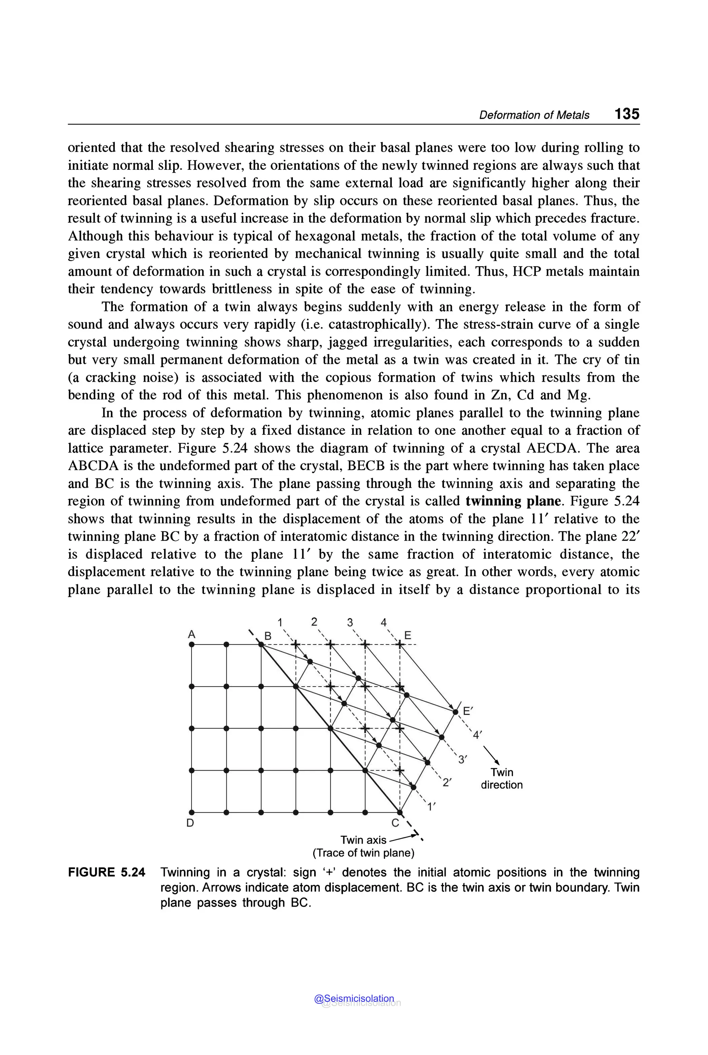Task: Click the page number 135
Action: tap(626, 113)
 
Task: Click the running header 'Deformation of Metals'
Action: tap(534, 115)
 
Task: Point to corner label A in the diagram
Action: tap(192, 634)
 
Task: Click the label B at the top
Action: tap(268, 636)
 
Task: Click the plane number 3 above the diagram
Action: tap(350, 622)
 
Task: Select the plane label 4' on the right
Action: tap(477, 735)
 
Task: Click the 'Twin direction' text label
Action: tap(502, 779)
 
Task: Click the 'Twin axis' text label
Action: tap(363, 840)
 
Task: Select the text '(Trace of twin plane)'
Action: tap(363, 853)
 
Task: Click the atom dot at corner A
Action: tap(192, 645)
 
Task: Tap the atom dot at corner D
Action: tap(192, 812)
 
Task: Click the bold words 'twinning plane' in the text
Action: tap(513, 501)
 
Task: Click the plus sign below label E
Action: tap(400, 645)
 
